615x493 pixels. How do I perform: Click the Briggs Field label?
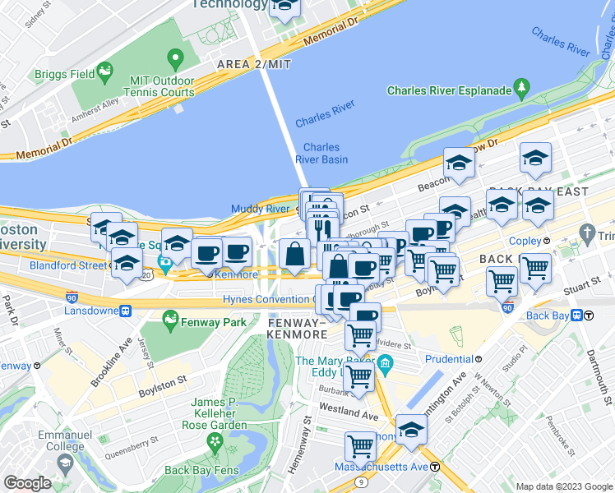click(x=61, y=74)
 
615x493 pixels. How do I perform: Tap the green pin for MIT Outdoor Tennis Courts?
click(x=174, y=59)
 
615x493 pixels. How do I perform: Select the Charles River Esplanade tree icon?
click(x=520, y=86)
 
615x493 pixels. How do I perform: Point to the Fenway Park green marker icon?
click(x=171, y=317)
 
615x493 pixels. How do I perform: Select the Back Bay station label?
click(x=548, y=315)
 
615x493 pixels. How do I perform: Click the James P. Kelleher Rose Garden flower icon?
click(x=215, y=442)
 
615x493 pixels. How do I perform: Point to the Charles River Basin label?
click(x=321, y=154)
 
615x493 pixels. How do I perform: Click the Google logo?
click(x=27, y=483)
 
